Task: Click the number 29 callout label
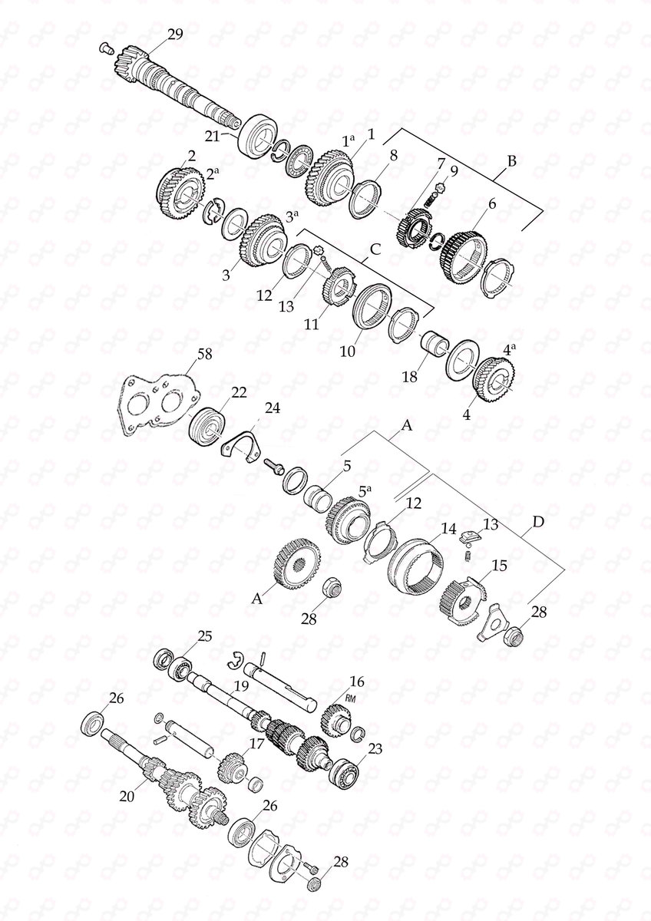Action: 176,33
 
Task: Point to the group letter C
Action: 375,249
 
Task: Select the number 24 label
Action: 273,406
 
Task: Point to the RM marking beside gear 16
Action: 352,698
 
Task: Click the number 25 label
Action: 203,636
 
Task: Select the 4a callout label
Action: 507,348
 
